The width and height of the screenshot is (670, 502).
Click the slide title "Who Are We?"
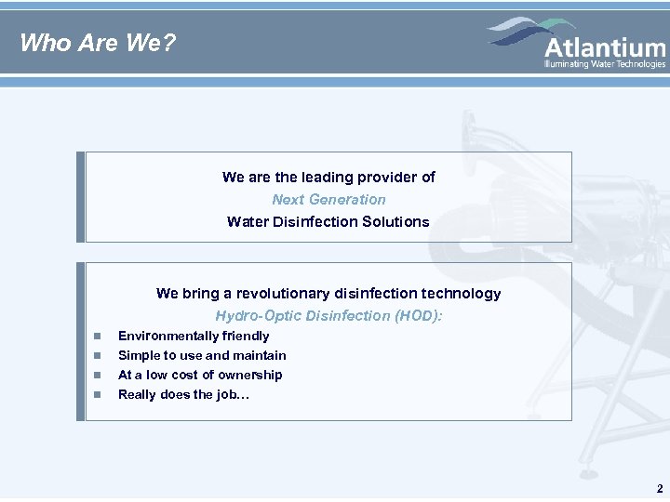(98, 43)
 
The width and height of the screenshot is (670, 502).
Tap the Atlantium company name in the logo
(605, 47)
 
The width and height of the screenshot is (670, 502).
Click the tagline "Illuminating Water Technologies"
(605, 64)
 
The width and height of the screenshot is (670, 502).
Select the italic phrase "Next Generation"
(328, 199)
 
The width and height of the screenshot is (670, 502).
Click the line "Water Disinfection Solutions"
(328, 221)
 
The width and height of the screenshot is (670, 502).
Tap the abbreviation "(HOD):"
(419, 315)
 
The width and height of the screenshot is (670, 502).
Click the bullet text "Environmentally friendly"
(194, 336)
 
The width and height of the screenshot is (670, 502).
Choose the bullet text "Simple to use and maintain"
(202, 355)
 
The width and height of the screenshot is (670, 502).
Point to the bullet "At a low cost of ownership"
(200, 375)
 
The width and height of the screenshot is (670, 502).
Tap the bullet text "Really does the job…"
(183, 394)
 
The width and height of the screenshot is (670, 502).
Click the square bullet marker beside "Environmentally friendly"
(96, 337)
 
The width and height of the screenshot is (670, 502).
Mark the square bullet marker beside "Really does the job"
(96, 395)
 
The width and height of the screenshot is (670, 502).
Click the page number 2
(660, 489)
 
